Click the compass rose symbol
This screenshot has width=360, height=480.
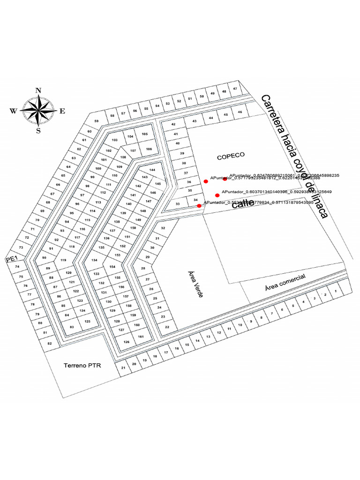tap(38, 111)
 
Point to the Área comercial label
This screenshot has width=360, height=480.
tap(285, 282)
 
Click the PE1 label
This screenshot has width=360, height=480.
tap(11, 259)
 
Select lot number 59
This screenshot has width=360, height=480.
tap(97, 121)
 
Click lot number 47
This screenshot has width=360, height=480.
tap(235, 89)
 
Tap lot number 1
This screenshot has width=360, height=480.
tap(335, 291)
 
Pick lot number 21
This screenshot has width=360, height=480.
tap(123, 367)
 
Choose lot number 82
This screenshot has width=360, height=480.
tap(50, 344)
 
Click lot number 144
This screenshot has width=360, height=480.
tap(152, 170)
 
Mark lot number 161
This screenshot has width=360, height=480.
tap(140, 337)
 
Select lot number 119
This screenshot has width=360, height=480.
tap(64, 260)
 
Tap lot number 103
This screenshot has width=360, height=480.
tap(114, 140)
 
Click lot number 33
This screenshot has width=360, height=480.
tap(178, 204)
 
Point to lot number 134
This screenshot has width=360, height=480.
tap(94, 260)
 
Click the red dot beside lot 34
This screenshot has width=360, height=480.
tap(199, 206)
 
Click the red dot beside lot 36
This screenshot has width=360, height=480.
tap(206, 181)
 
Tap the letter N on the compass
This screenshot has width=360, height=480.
tap(38, 91)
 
